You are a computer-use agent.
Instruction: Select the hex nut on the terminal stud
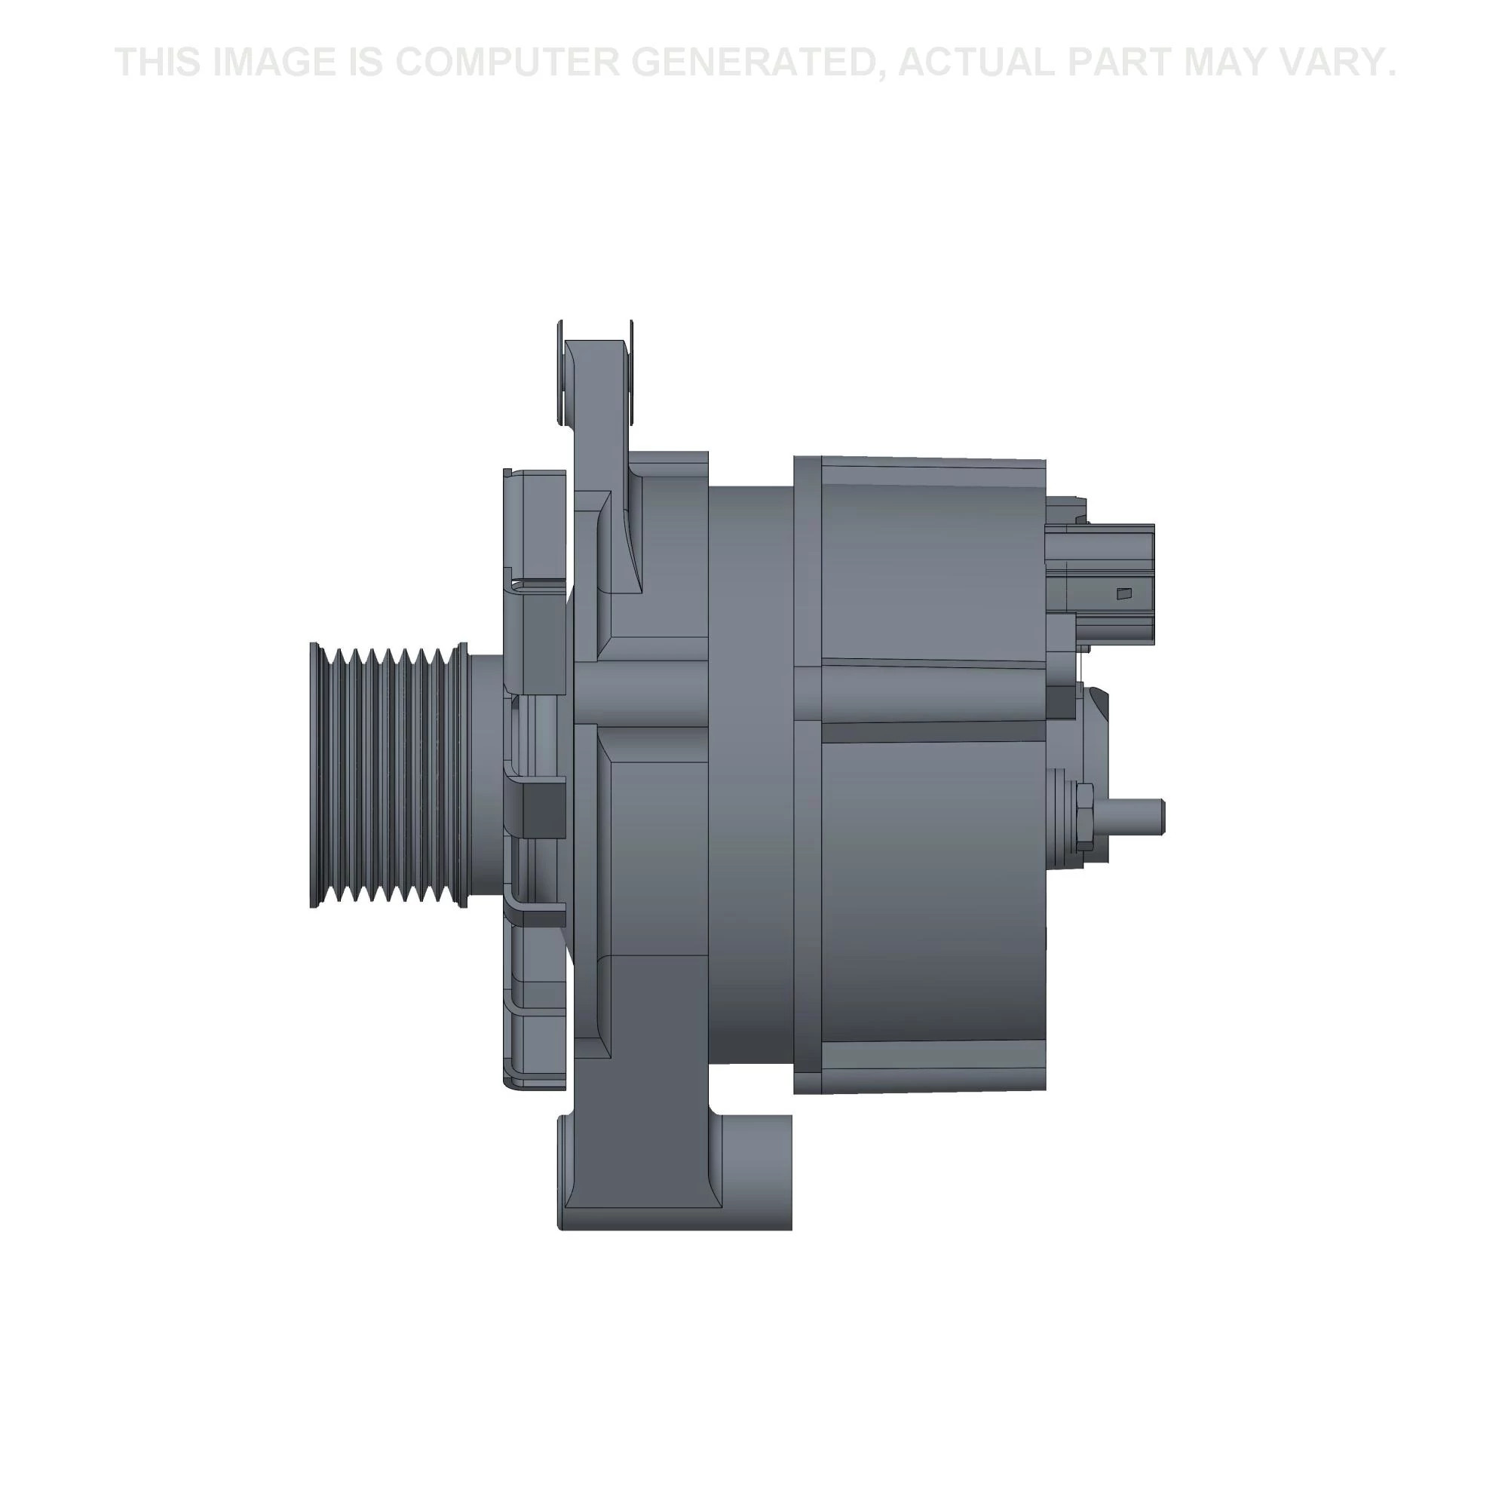coord(1084,817)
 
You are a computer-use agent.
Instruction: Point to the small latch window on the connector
coord(1124,594)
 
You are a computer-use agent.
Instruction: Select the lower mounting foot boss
coord(756,1171)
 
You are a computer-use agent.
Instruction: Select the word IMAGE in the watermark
coord(274,63)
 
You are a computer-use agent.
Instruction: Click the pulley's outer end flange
coord(314,776)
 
